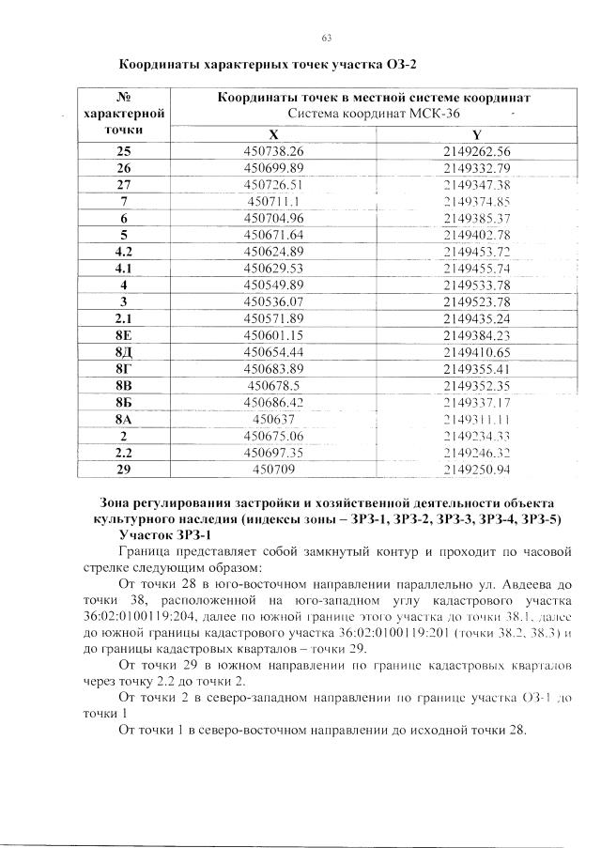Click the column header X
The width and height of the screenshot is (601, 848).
pos(273,133)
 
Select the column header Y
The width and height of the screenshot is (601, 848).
pos(477,133)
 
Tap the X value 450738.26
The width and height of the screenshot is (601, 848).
pos(273,151)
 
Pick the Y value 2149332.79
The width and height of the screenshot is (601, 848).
pos(477,168)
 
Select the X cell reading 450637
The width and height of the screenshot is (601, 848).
pos(273,418)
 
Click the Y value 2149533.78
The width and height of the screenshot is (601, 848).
pos(477,284)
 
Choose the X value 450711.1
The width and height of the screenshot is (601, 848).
pos(273,201)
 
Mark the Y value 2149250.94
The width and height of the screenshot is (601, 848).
pos(477,469)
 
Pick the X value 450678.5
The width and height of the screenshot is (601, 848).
pos(273,384)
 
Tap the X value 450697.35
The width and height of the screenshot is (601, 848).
pos(273,452)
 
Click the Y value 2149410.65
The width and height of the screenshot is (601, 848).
pos(477,350)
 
